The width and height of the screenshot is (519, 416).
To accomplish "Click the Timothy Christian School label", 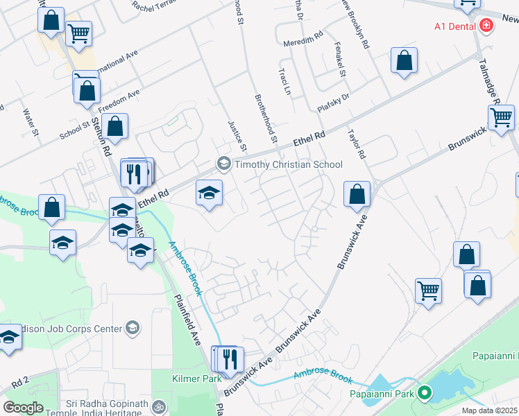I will (x=289, y=164).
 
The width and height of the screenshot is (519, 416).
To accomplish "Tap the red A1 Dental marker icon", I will (x=486, y=26).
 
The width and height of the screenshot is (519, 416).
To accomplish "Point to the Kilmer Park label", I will (x=196, y=379).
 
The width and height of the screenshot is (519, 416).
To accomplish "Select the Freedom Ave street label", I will (x=119, y=101).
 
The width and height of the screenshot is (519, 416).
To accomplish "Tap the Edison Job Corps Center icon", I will (x=133, y=327).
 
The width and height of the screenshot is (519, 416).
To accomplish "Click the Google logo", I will (x=23, y=408).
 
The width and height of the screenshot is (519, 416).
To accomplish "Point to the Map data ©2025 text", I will (x=490, y=410).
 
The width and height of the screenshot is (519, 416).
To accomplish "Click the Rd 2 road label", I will (x=19, y=381).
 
